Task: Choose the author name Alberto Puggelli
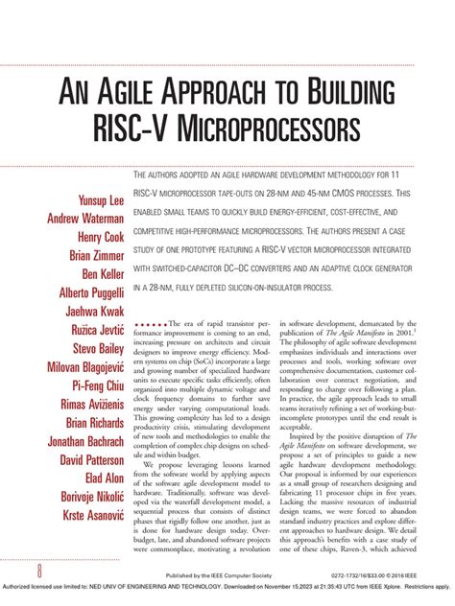tap(83, 291)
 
